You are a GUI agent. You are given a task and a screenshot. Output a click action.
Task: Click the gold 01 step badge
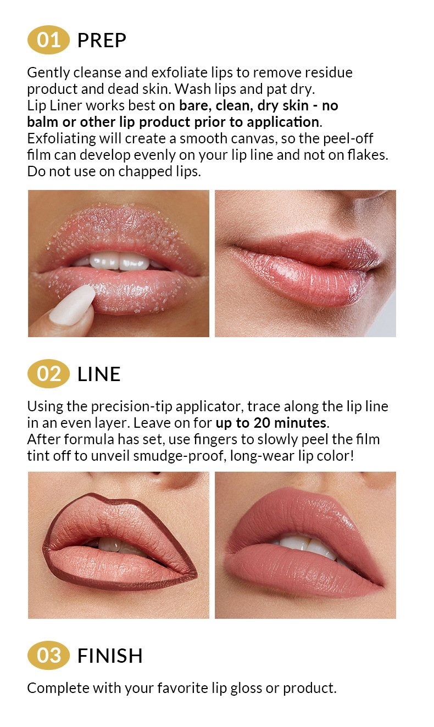tap(48, 40)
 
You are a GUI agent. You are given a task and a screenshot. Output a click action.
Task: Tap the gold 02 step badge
tap(48, 373)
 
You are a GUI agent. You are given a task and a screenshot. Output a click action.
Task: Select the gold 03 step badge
tap(48, 655)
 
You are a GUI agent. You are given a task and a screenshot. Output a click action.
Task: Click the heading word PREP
tap(102, 41)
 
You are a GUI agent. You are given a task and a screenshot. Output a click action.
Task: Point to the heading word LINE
tap(99, 374)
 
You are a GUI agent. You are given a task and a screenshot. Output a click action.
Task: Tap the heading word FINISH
tap(110, 656)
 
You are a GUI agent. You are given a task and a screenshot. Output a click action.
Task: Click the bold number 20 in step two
tap(262, 423)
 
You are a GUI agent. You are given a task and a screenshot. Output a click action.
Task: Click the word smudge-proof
tap(179, 456)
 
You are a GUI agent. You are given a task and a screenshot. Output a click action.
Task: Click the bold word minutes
tap(301, 423)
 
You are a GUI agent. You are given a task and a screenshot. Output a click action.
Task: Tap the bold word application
tap(283, 122)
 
